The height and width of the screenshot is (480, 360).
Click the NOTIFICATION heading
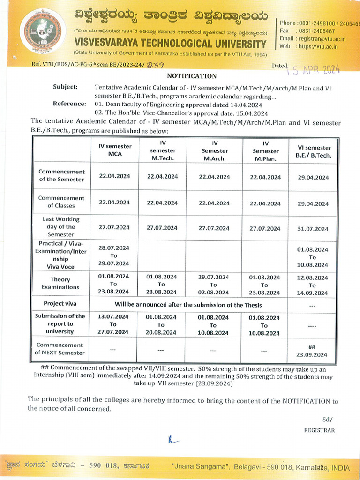pyautogui.click(x=192, y=76)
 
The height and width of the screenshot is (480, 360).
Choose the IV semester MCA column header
pyautogui.click(x=115, y=150)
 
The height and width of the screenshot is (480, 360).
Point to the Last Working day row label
pyautogui.click(x=61, y=226)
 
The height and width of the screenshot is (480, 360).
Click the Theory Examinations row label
pyautogui.click(x=60, y=283)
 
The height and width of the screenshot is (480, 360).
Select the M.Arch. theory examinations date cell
pyautogui.click(x=213, y=285)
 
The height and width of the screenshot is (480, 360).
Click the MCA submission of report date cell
pyautogui.click(x=113, y=324)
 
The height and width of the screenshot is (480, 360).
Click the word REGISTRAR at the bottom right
pyautogui.click(x=319, y=430)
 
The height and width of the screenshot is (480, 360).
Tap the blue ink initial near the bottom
pyautogui.click(x=171, y=439)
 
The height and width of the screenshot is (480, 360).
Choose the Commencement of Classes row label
pyautogui.click(x=61, y=202)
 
